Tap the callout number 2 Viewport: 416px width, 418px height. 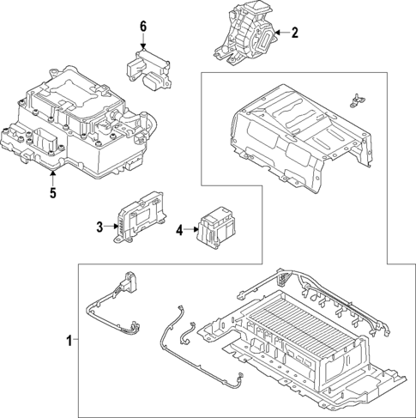click(x=295, y=33)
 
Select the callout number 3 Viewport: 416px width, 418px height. click(x=99, y=227)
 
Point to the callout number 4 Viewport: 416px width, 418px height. click(x=179, y=230)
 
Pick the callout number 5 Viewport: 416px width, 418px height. click(x=51, y=192)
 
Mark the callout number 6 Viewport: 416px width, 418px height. click(x=144, y=27)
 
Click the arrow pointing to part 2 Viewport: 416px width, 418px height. click(x=282, y=33)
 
